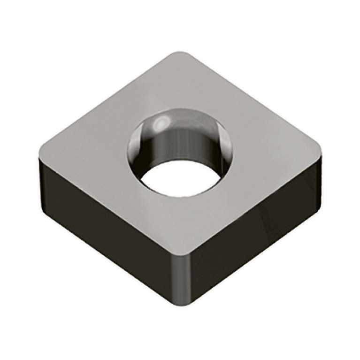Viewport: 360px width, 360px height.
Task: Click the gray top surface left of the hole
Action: (89, 150)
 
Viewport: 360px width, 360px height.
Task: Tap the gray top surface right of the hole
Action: (272, 150)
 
